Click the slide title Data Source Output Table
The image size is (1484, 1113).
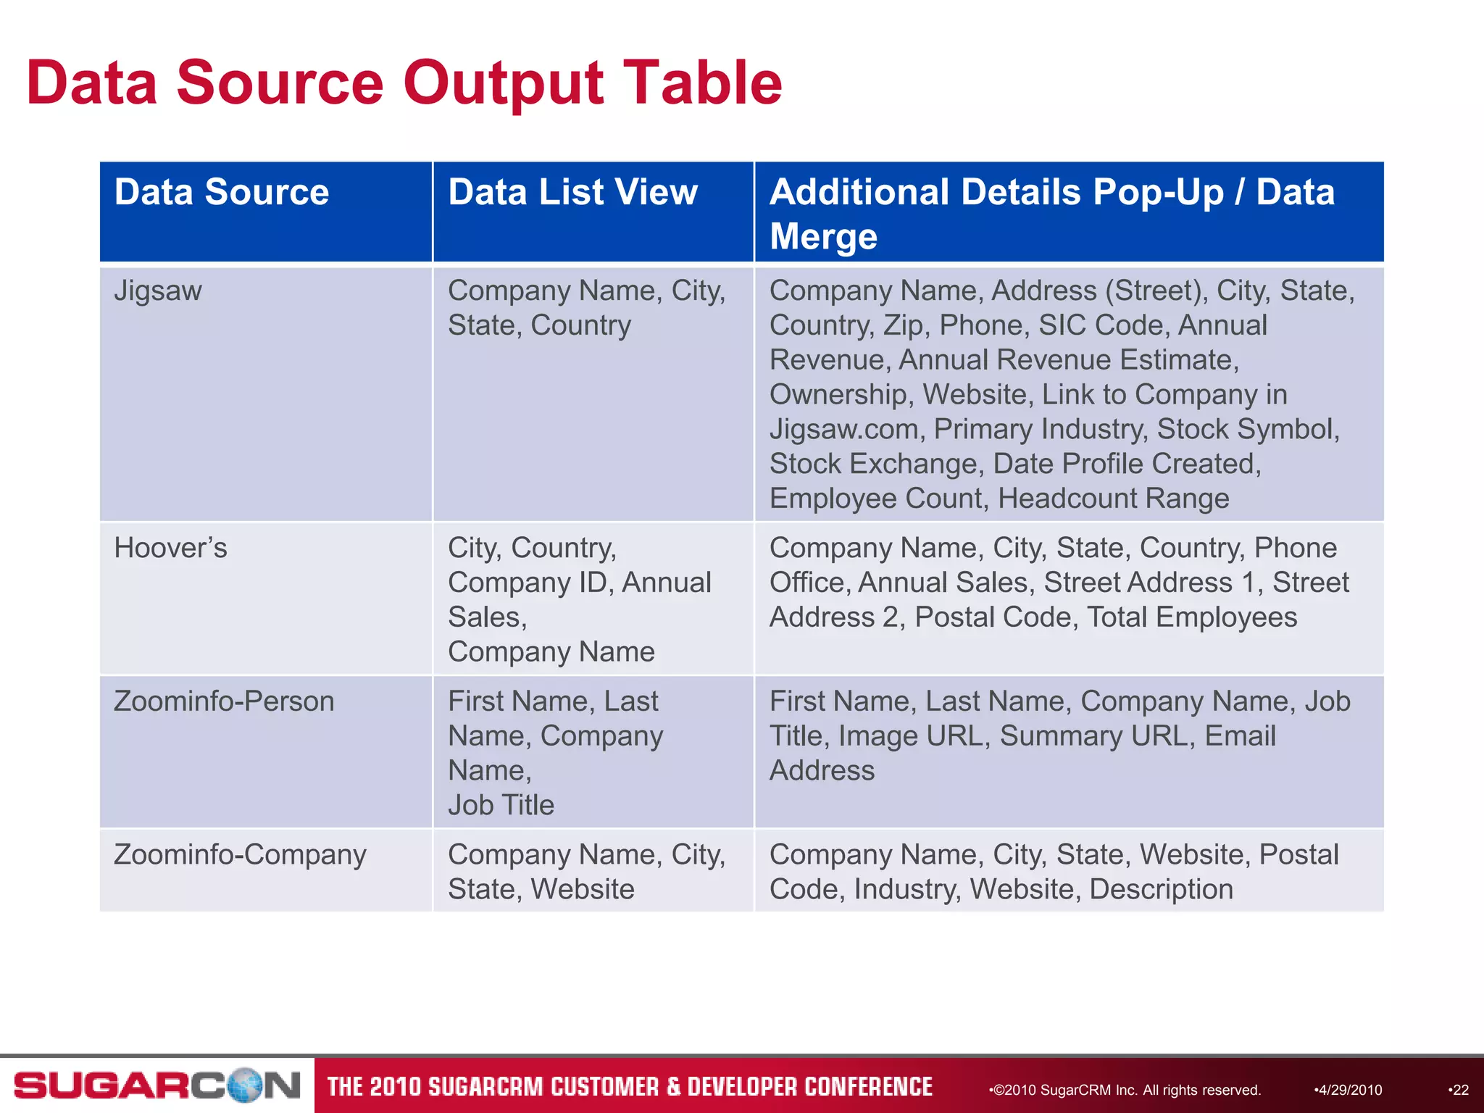pos(404,83)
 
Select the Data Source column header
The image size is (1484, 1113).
pos(222,193)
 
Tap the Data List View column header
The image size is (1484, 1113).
pos(572,193)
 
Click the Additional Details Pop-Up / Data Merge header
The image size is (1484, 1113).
pos(1051,213)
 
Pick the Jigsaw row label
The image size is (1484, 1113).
pos(158,291)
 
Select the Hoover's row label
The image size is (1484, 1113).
pos(170,549)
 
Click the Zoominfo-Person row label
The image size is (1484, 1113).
pos(224,701)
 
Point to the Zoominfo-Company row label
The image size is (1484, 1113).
pos(240,855)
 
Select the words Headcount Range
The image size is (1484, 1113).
pos(1113,499)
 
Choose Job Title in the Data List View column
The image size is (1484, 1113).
pos(501,805)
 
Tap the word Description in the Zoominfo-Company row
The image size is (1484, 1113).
pos(1161,889)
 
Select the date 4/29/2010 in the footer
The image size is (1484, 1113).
pos(1349,1090)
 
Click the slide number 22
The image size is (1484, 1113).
pos(1459,1090)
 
